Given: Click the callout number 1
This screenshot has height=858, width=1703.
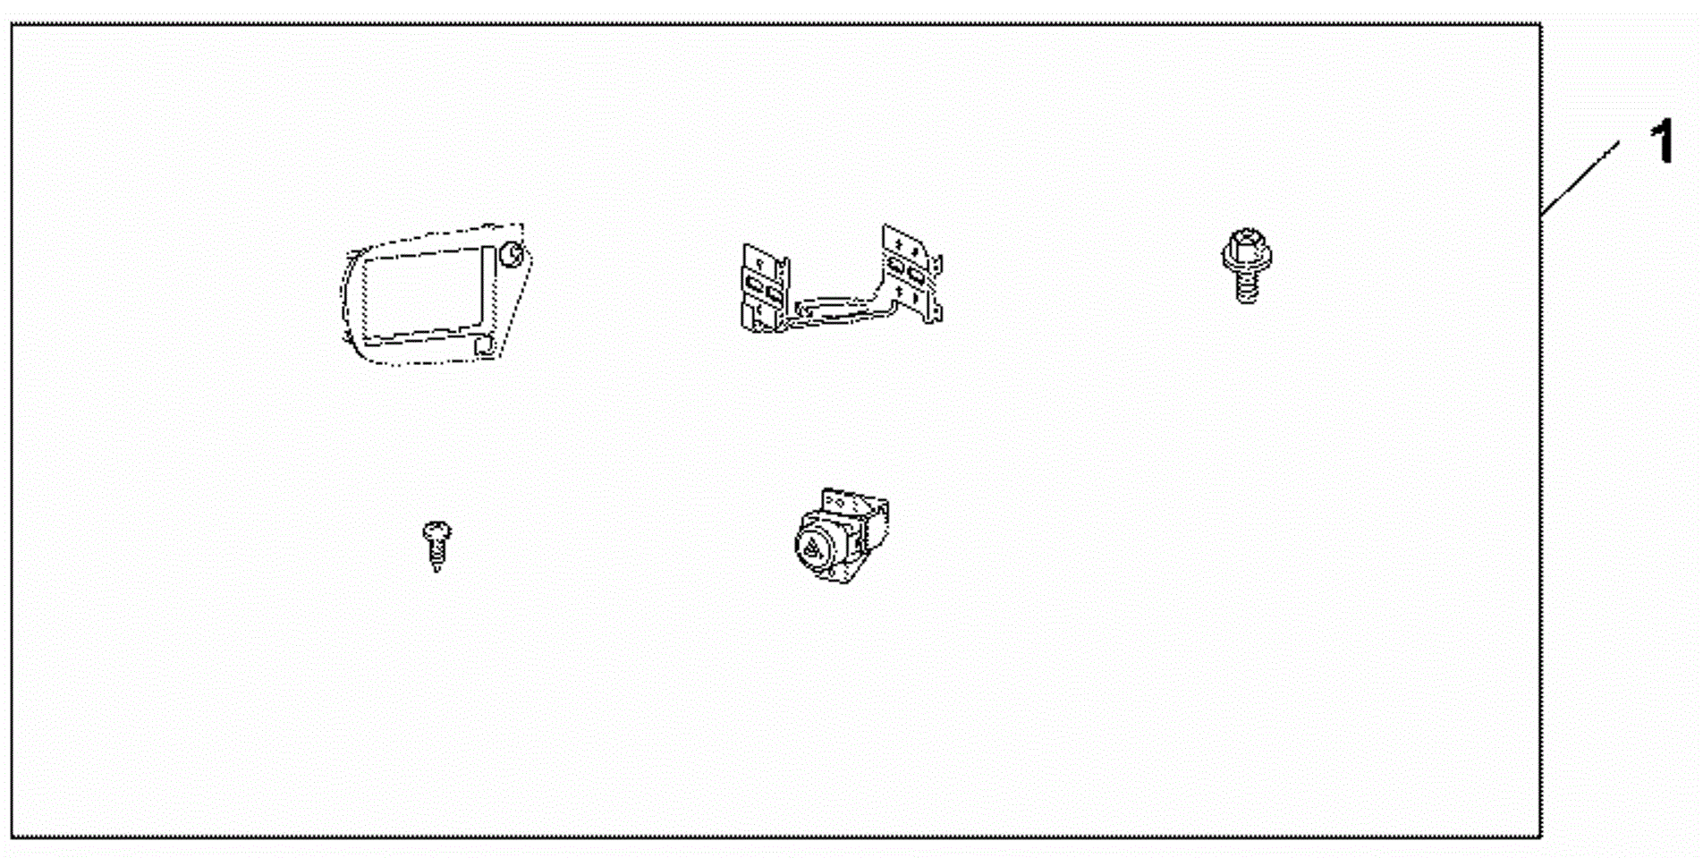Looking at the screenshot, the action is tap(1664, 143).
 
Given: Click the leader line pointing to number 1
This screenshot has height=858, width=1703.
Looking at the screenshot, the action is tap(1580, 178).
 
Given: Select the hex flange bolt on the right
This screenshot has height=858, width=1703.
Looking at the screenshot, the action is tap(1247, 265).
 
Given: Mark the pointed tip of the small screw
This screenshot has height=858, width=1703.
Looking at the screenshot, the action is tap(437, 570).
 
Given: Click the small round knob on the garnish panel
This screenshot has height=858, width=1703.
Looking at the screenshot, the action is tap(511, 254).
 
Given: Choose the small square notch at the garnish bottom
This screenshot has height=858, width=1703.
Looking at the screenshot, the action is tap(485, 345).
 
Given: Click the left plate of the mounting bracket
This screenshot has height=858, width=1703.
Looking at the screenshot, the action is tap(766, 286).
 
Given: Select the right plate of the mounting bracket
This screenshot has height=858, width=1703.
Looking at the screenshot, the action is tap(911, 272).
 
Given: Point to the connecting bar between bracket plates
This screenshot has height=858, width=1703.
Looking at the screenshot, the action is tap(836, 310).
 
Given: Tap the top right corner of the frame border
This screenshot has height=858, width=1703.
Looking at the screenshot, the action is tap(1541, 24).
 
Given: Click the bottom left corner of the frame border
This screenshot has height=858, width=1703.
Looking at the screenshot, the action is tap(12, 837).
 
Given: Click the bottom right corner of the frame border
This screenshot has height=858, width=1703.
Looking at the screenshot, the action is tap(1541, 837).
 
